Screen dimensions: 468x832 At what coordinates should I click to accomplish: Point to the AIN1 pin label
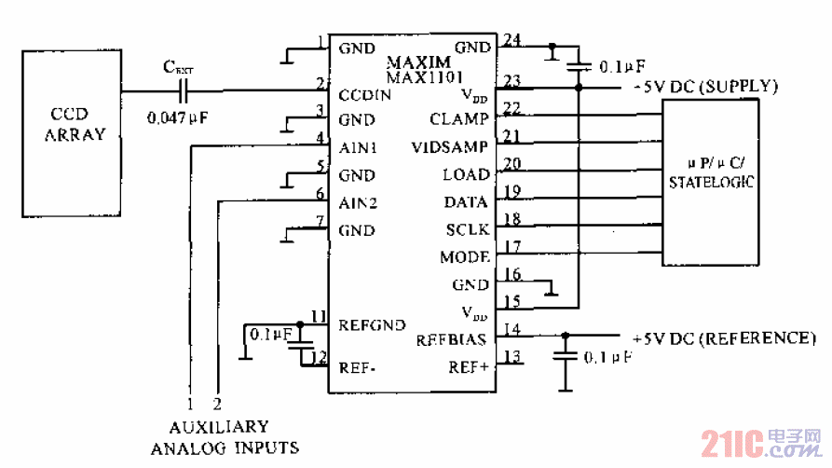tap(358, 147)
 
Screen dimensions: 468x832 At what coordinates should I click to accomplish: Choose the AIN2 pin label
tap(358, 202)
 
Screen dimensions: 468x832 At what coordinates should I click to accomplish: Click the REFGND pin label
tap(372, 324)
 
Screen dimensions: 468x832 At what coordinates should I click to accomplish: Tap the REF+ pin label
tap(469, 366)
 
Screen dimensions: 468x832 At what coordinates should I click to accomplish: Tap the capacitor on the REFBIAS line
tap(563, 355)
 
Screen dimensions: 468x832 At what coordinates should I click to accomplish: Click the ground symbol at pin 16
tap(552, 291)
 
